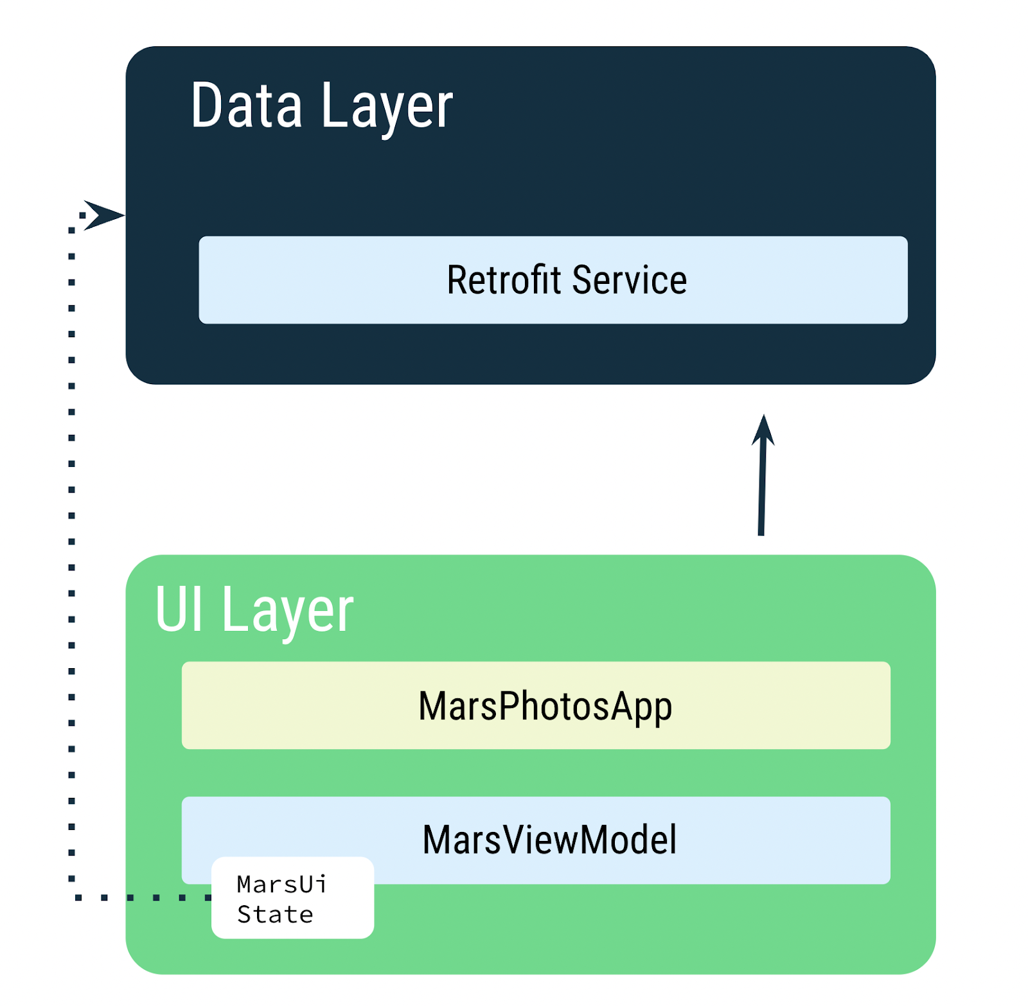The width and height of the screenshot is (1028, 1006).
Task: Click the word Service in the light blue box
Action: click(x=629, y=281)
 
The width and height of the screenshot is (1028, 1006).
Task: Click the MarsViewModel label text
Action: click(x=549, y=839)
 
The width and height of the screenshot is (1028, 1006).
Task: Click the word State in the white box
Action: click(x=275, y=914)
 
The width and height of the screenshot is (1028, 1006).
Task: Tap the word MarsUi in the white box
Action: click(x=282, y=885)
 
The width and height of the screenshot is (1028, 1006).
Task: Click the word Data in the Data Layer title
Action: click(x=246, y=106)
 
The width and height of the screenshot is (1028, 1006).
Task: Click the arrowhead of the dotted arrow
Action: click(x=103, y=215)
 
